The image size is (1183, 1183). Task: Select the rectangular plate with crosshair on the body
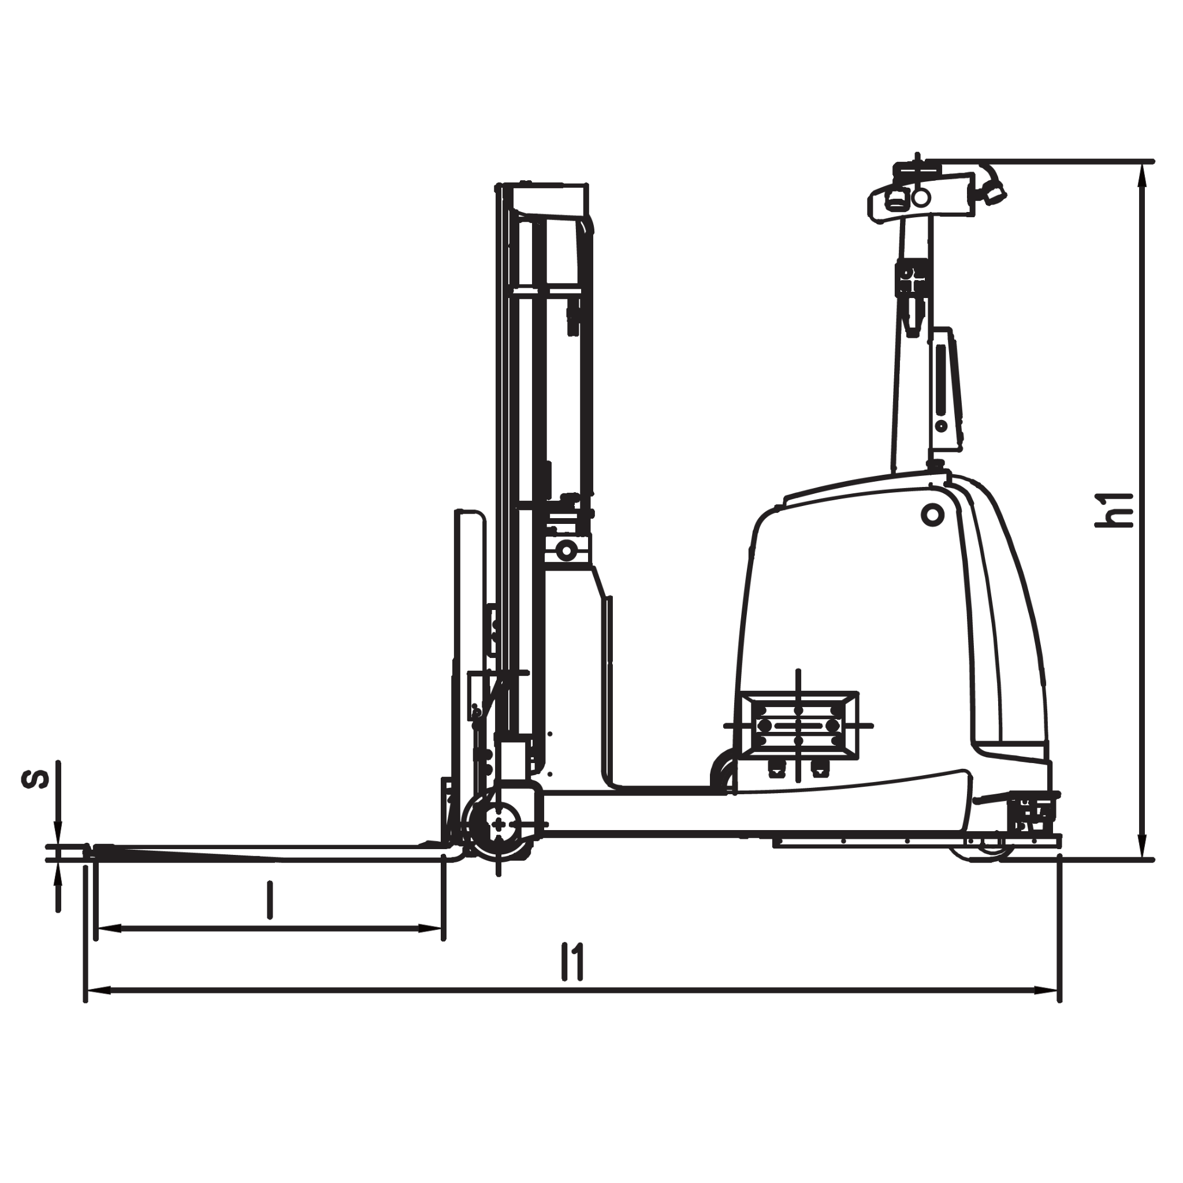pos(798,726)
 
